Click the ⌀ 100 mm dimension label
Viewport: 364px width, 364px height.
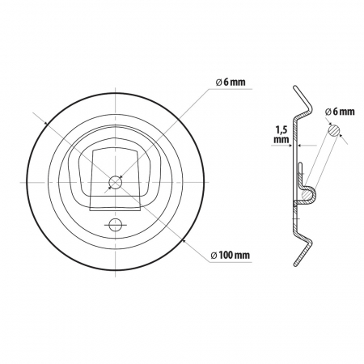tap(229, 256)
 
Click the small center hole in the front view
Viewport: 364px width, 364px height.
tap(115, 182)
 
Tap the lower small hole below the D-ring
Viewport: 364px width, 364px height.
tap(115, 223)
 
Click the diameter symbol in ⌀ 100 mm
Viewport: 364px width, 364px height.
tap(213, 256)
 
